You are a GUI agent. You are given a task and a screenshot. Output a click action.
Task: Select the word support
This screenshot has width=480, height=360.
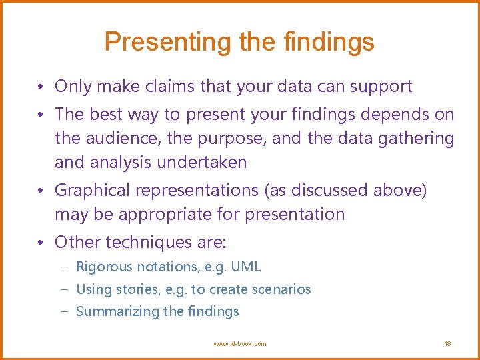pos(381,87)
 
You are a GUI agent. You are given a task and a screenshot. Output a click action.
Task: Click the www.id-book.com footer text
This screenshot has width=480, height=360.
pos(239,344)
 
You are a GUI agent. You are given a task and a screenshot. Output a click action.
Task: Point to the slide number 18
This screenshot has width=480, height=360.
pos(447,344)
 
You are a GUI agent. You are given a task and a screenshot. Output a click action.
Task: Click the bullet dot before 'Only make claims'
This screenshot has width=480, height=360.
pos(41,87)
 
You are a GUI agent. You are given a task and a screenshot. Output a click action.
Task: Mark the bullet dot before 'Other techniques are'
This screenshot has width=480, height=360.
pos(41,242)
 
